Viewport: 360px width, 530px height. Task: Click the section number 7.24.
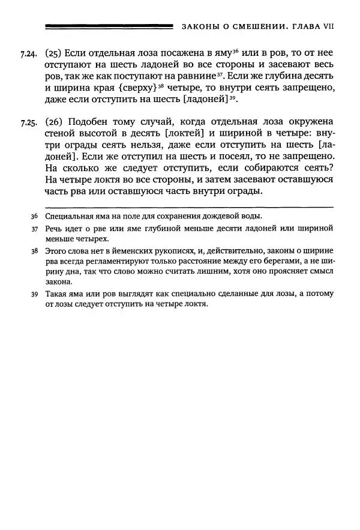click(28, 54)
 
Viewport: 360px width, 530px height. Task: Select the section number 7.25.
click(28, 124)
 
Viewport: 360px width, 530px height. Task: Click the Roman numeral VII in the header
click(327, 26)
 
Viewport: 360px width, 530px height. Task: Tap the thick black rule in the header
click(108, 26)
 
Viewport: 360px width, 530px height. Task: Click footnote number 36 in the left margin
click(34, 216)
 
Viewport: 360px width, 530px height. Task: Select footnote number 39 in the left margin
click(34, 294)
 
